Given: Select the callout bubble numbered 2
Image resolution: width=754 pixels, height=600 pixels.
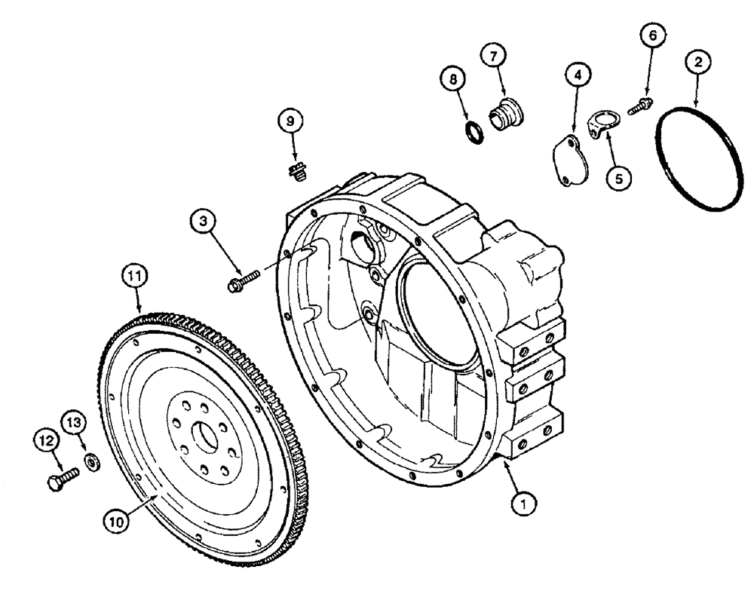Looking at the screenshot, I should (x=698, y=64).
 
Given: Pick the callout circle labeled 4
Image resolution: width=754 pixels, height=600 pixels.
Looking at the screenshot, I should (x=577, y=75).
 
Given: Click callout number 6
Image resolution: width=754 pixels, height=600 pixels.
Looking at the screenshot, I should (x=653, y=36).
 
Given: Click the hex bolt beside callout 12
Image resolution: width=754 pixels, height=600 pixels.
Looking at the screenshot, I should (x=62, y=480).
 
